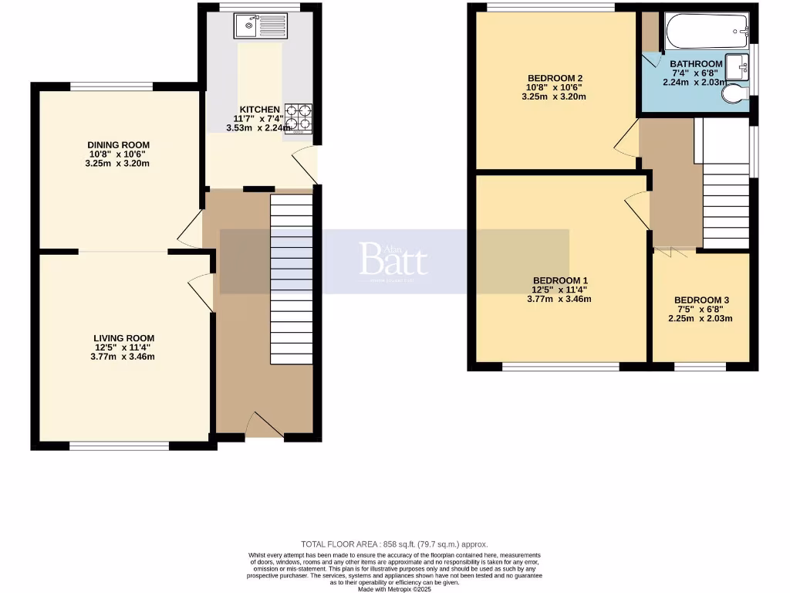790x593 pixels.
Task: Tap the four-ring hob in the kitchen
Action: coord(299,118)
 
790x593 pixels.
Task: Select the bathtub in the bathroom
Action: coord(706,32)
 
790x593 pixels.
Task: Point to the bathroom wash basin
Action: coord(738,67)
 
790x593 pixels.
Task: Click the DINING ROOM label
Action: coord(118,145)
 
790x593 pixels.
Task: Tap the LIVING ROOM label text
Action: coord(123,338)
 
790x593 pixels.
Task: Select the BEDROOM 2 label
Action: coord(554,78)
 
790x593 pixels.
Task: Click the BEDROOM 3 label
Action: coord(701,300)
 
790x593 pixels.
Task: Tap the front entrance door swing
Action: coord(263,425)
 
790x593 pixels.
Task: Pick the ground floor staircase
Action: coord(292,278)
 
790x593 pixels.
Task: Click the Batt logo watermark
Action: coord(393,261)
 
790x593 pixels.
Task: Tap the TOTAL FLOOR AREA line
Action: coord(394,544)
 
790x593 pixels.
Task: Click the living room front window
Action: coord(119,446)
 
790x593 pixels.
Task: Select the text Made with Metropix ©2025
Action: coord(394,588)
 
